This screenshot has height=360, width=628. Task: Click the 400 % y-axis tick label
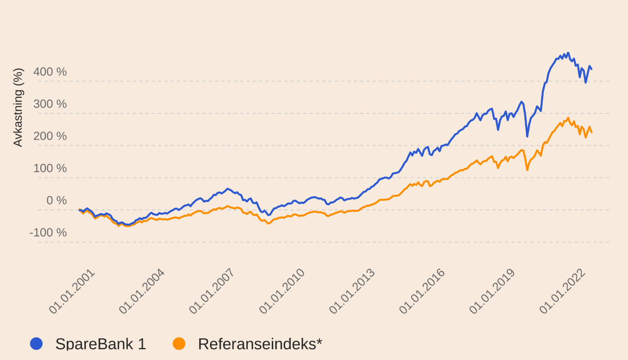[50, 72]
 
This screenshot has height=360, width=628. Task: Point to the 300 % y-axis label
[50, 104]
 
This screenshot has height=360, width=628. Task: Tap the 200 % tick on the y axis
[50, 136]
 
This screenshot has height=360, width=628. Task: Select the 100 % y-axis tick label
[50, 168]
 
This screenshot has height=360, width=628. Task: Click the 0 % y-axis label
[56, 201]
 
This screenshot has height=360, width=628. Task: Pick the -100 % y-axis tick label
[48, 232]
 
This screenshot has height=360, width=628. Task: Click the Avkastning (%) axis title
[18, 107]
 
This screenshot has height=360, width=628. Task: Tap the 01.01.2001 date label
[72, 291]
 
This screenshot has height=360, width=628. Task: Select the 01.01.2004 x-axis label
[142, 291]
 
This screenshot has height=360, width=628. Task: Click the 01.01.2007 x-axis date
[212, 291]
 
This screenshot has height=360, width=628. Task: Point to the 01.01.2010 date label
[282, 291]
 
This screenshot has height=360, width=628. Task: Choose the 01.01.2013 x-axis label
[352, 291]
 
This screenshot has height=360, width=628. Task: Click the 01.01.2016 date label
[422, 291]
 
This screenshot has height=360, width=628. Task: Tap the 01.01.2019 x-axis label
[492, 291]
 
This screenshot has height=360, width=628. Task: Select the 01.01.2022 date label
[562, 291]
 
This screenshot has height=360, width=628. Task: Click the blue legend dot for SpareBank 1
[36, 344]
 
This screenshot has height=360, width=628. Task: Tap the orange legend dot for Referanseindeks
[179, 344]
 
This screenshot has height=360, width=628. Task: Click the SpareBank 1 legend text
[101, 344]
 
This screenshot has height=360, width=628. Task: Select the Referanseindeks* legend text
[260, 344]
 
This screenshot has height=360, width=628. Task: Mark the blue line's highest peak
[568, 53]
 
